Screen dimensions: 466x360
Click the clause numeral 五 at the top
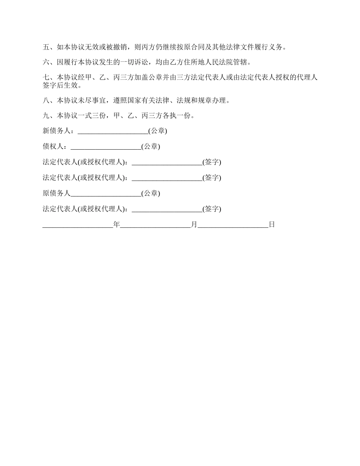(46, 47)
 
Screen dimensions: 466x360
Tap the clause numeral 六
(46, 62)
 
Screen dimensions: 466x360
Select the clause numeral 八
(46, 101)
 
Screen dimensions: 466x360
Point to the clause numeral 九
(46, 116)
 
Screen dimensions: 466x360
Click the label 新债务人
(56, 131)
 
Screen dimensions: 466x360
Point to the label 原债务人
(56, 193)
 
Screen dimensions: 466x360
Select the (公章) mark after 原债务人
(151, 193)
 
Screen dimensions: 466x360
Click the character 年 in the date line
(116, 224)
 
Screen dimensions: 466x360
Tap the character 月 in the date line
(194, 224)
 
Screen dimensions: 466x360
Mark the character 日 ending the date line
(272, 224)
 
